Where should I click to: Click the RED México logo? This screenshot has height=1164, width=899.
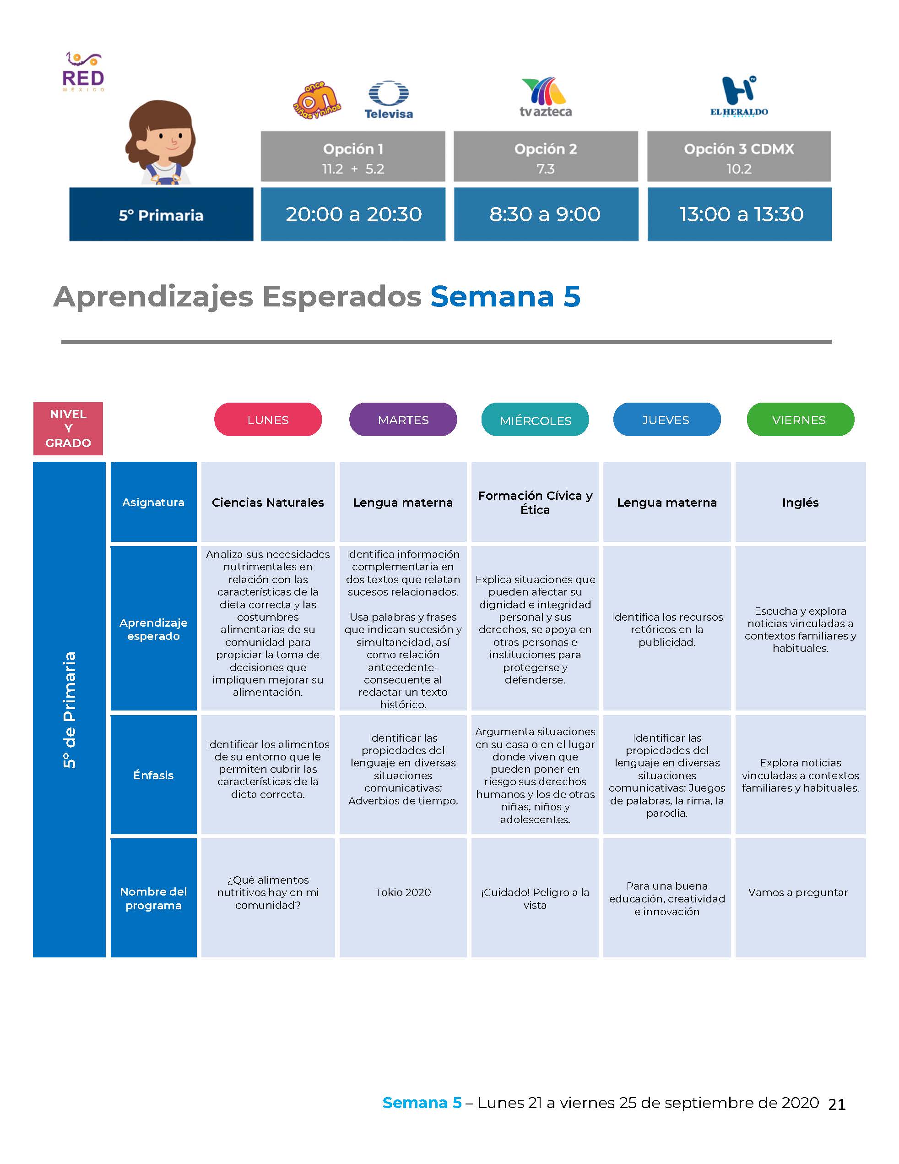click(x=83, y=72)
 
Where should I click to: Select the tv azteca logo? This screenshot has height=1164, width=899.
click(x=545, y=97)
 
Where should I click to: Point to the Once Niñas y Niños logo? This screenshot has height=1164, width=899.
click(x=317, y=100)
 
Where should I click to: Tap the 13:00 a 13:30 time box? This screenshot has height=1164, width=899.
click(x=740, y=214)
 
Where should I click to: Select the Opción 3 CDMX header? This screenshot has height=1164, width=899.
click(x=739, y=157)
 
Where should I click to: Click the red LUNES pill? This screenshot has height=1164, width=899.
click(x=268, y=420)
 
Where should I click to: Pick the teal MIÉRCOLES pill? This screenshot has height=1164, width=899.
click(x=535, y=420)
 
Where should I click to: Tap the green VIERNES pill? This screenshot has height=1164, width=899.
click(x=801, y=420)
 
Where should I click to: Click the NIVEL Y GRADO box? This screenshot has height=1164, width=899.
click(x=68, y=428)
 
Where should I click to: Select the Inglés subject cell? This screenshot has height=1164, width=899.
click(x=801, y=502)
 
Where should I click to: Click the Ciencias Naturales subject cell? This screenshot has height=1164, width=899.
click(x=268, y=502)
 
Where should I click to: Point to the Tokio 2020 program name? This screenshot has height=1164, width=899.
click(x=403, y=892)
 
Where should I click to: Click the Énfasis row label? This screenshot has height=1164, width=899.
click(x=153, y=775)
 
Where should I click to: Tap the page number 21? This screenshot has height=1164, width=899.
click(x=837, y=1104)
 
